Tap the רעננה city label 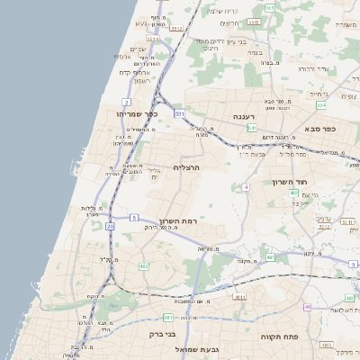pos(245,117)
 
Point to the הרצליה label pos(186,167)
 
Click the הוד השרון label pos(289,182)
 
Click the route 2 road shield pos(126,103)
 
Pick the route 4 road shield pos(245,187)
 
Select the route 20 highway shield pos(111,227)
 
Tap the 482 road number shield pos(143,266)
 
